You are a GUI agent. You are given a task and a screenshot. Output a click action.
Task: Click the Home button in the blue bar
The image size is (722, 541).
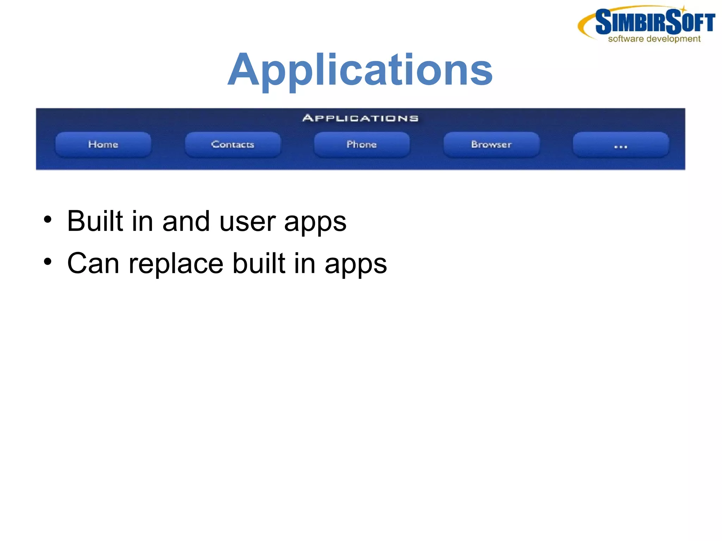click(103, 145)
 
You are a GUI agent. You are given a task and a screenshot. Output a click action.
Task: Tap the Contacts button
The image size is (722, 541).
click(233, 145)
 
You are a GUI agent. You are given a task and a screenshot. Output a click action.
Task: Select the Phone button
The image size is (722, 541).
click(362, 145)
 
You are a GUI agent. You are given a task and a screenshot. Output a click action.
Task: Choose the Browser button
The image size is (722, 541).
click(491, 145)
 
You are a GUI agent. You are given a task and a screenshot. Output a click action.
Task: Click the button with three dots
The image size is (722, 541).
click(620, 145)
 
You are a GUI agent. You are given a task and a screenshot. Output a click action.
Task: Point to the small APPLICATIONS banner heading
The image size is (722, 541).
click(360, 118)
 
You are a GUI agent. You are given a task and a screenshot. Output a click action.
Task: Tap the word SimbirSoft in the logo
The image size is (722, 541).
click(655, 22)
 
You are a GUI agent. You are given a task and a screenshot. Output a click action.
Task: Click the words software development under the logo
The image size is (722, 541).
click(654, 39)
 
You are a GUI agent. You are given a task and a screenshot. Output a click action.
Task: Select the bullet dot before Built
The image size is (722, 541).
click(48, 220)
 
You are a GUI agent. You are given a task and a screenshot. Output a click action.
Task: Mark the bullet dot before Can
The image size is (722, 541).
click(48, 262)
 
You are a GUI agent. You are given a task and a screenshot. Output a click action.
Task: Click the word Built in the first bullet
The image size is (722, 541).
click(95, 221)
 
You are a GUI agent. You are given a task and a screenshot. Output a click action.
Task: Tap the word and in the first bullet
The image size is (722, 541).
click(186, 221)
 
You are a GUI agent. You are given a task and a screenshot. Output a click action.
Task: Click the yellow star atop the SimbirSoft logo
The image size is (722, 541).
click(683, 9)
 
